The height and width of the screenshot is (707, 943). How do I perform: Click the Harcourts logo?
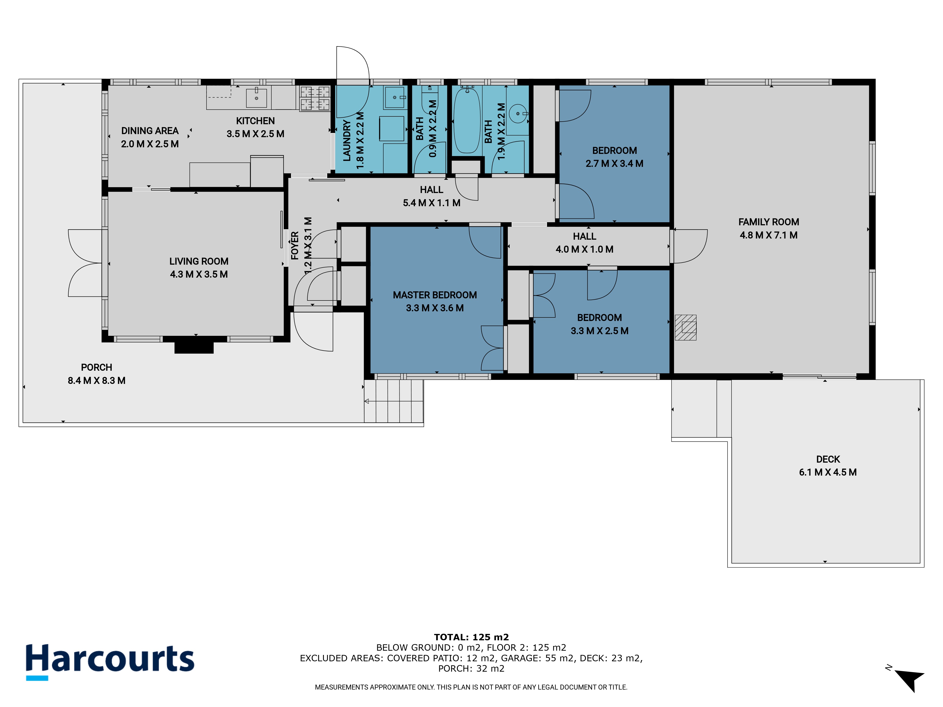[x=110, y=662]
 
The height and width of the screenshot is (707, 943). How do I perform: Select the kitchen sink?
[x=257, y=97]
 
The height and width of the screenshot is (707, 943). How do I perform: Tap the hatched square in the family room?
[x=686, y=327]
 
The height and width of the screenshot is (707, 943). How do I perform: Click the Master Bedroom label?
[x=435, y=295]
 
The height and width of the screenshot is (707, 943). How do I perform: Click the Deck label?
[x=828, y=459]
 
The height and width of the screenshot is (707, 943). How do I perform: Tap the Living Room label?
[x=199, y=261]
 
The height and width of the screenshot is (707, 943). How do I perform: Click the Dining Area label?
[x=150, y=131]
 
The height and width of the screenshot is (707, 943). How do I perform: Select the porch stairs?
[x=393, y=401]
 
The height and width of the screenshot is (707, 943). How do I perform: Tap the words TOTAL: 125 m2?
[x=471, y=637]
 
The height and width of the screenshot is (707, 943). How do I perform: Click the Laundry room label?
[x=347, y=141]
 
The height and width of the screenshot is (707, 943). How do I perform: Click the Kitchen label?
[x=255, y=121]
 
